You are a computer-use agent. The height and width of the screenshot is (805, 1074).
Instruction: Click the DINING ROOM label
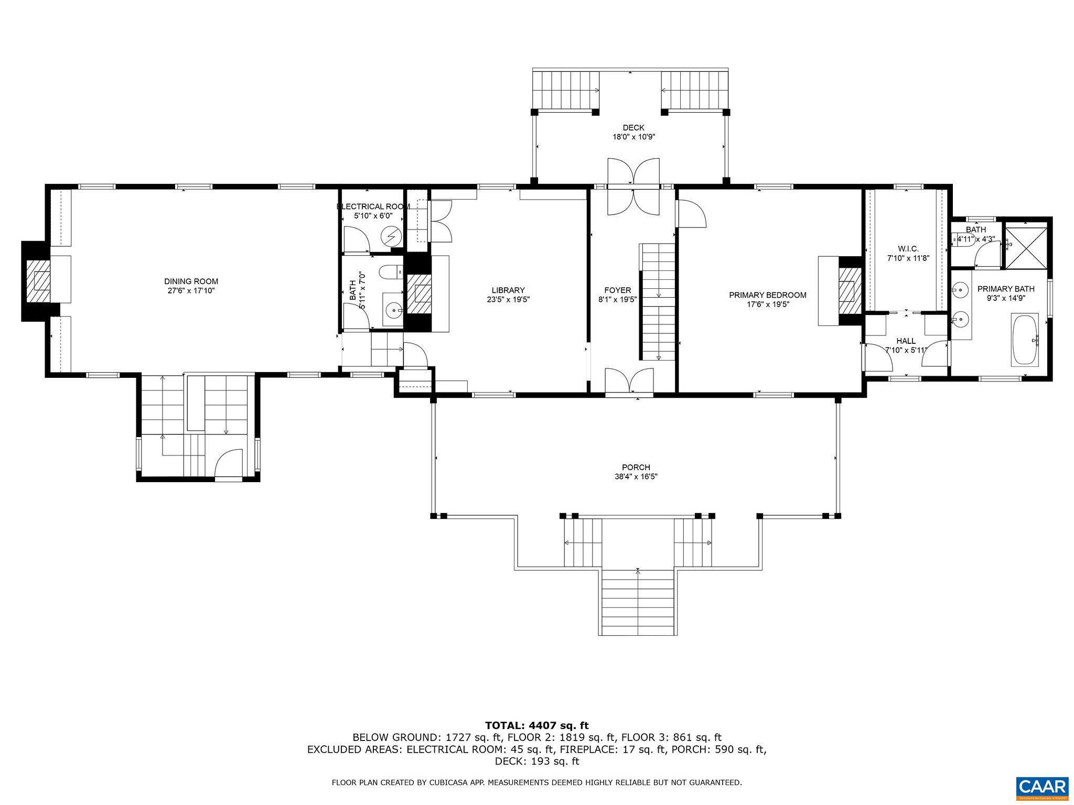[x=191, y=281]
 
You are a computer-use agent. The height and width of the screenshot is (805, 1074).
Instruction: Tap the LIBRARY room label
[x=508, y=290]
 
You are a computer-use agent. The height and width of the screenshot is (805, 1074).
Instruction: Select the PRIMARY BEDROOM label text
[x=767, y=295]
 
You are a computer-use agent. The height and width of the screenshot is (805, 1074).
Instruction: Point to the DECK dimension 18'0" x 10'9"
[x=633, y=137]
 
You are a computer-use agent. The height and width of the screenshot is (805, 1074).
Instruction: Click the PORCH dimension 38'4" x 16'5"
[x=636, y=477]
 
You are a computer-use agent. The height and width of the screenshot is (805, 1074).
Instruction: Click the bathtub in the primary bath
[x=1025, y=339]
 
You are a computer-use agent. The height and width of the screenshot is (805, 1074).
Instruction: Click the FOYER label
[x=617, y=290]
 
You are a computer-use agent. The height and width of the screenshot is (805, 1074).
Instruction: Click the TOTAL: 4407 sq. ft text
[x=536, y=725]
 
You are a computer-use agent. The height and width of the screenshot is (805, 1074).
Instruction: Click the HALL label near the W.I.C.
[x=906, y=341]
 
